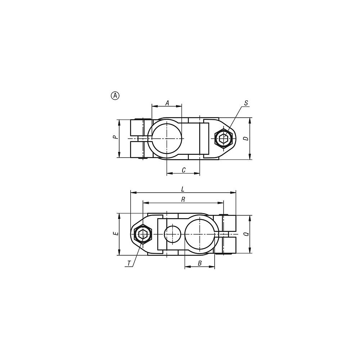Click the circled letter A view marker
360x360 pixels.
pos(115,95)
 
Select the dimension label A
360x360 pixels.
pos(167,103)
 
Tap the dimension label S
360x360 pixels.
pos(246,103)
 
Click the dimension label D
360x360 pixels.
pos(246,139)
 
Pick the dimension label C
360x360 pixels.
pos(184,170)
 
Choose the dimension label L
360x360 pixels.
pos(183,189)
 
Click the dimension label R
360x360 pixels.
pos(183,199)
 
